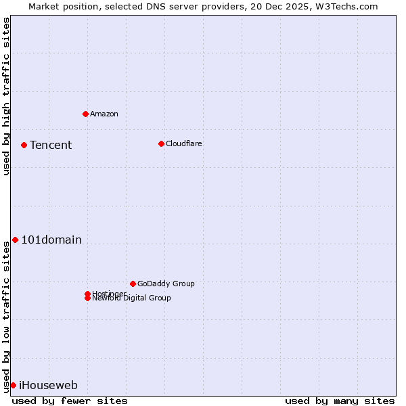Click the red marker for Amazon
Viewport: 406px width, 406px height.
tap(85, 114)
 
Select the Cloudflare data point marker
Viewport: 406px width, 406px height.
tap(161, 143)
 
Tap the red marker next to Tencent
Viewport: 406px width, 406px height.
tap(24, 145)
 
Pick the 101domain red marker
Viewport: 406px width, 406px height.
tap(15, 240)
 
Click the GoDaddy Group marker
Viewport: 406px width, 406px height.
tap(133, 284)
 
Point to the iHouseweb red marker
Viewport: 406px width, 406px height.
tap(13, 385)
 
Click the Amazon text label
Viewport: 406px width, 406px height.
tap(104, 114)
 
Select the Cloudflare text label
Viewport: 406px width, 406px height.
tap(184, 143)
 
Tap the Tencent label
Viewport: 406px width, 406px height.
tap(51, 145)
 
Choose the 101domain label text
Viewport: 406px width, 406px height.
tap(51, 240)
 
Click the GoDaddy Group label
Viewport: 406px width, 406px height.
tap(166, 284)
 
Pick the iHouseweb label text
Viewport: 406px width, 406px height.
tap(48, 386)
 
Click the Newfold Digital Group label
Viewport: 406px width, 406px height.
tap(132, 298)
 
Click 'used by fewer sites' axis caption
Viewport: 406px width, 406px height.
tap(70, 401)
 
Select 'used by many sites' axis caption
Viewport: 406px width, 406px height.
tap(340, 401)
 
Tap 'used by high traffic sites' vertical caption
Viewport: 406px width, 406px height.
tap(6, 96)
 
